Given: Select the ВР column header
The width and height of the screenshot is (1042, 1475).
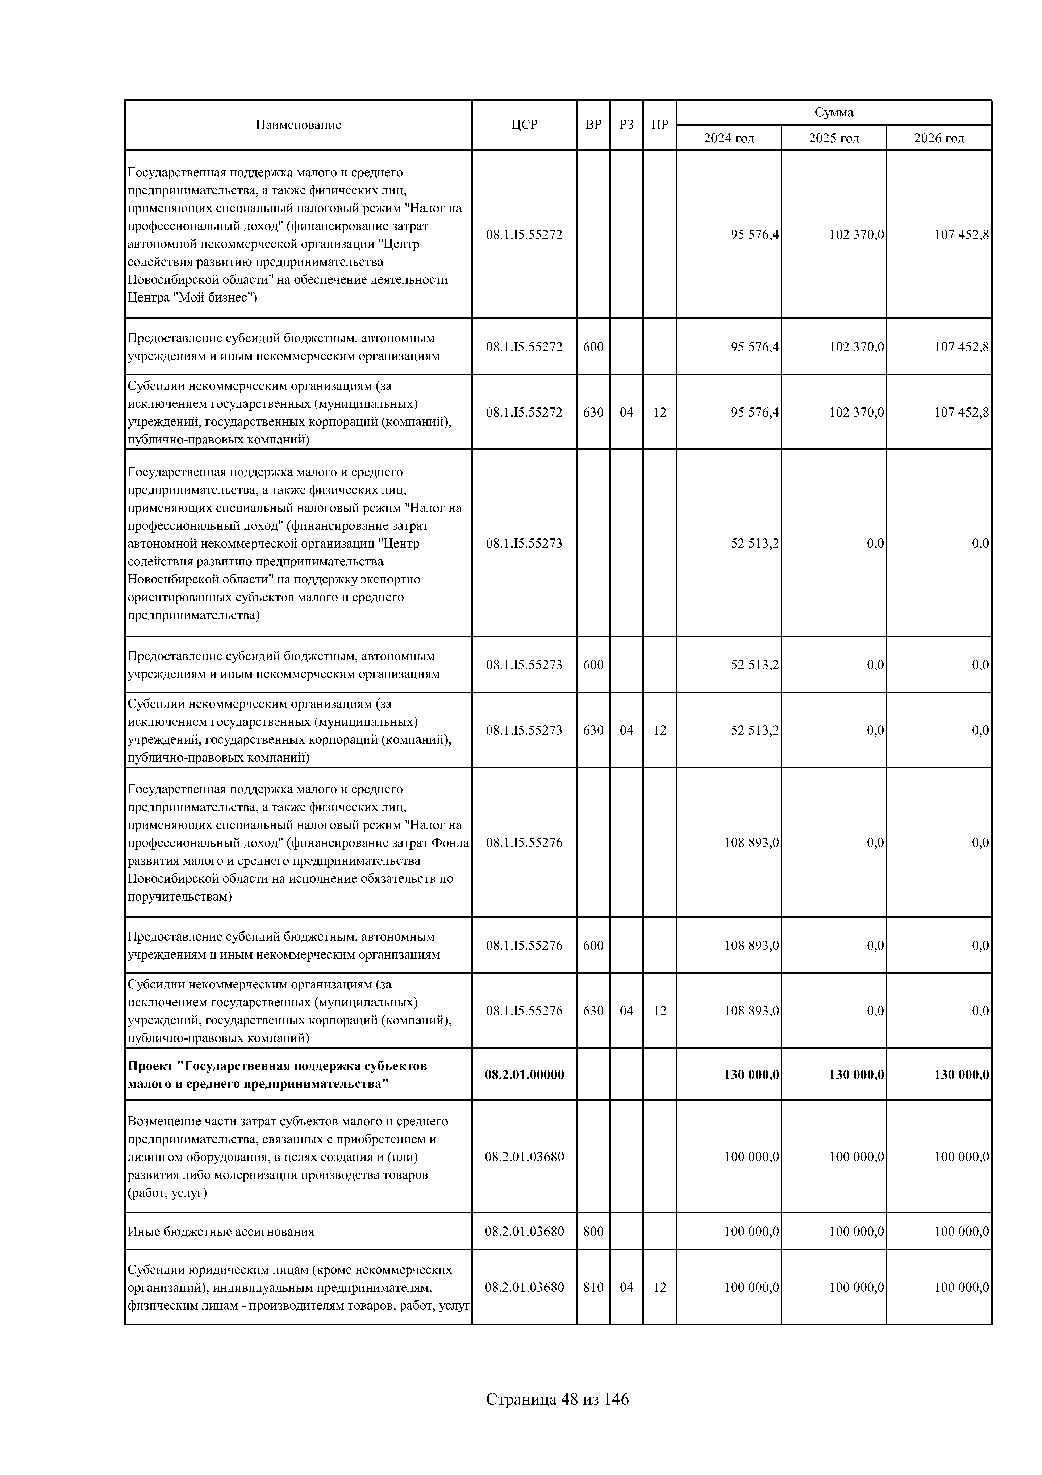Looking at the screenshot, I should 593,125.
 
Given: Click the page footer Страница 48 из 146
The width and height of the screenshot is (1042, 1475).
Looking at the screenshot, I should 557,1398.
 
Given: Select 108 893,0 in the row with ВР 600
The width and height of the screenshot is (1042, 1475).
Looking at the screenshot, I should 751,945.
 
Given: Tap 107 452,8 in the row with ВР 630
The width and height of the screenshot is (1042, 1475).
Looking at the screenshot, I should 961,412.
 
